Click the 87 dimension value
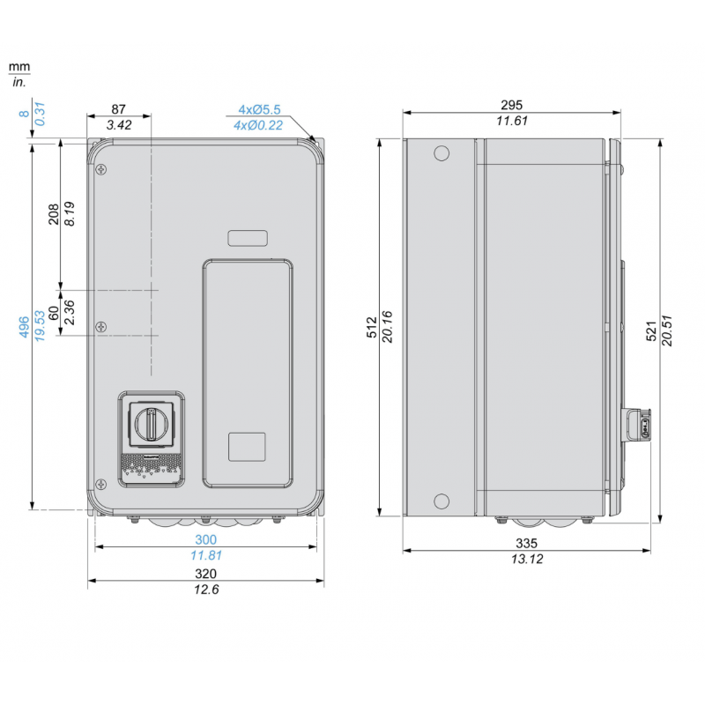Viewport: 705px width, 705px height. [x=118, y=109]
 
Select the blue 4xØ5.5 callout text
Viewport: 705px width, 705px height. [x=259, y=109]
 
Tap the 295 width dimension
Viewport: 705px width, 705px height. [x=511, y=104]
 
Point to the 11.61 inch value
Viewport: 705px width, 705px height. [x=511, y=121]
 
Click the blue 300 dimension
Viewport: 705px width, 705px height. [x=205, y=539]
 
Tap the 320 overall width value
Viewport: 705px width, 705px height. [x=205, y=574]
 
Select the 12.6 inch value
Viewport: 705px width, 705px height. [x=205, y=590]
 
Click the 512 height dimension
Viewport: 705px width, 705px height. [x=372, y=327]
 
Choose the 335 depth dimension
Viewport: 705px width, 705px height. [x=526, y=544]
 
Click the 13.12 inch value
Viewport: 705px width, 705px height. [x=526, y=560]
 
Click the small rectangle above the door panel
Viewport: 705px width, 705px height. [x=248, y=238]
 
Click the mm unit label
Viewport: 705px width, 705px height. [x=19, y=67]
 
